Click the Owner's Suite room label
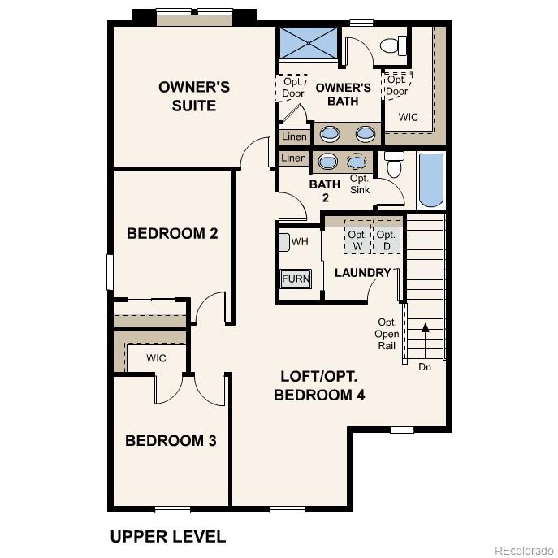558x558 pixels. tap(193, 96)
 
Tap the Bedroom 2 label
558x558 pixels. tap(172, 234)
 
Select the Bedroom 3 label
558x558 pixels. tap(171, 441)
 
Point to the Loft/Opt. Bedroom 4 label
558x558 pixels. tap(319, 386)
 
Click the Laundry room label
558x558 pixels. tap(363, 273)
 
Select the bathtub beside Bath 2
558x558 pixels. tap(430, 180)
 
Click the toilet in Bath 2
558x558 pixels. tap(395, 165)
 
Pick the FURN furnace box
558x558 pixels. tap(296, 279)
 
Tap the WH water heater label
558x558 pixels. tap(299, 242)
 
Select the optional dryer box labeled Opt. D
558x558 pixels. tap(387, 240)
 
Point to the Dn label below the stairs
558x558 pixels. tap(425, 367)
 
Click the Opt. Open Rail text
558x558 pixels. tap(387, 334)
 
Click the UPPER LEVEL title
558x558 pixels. tap(167, 536)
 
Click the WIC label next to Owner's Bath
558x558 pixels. tap(409, 117)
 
